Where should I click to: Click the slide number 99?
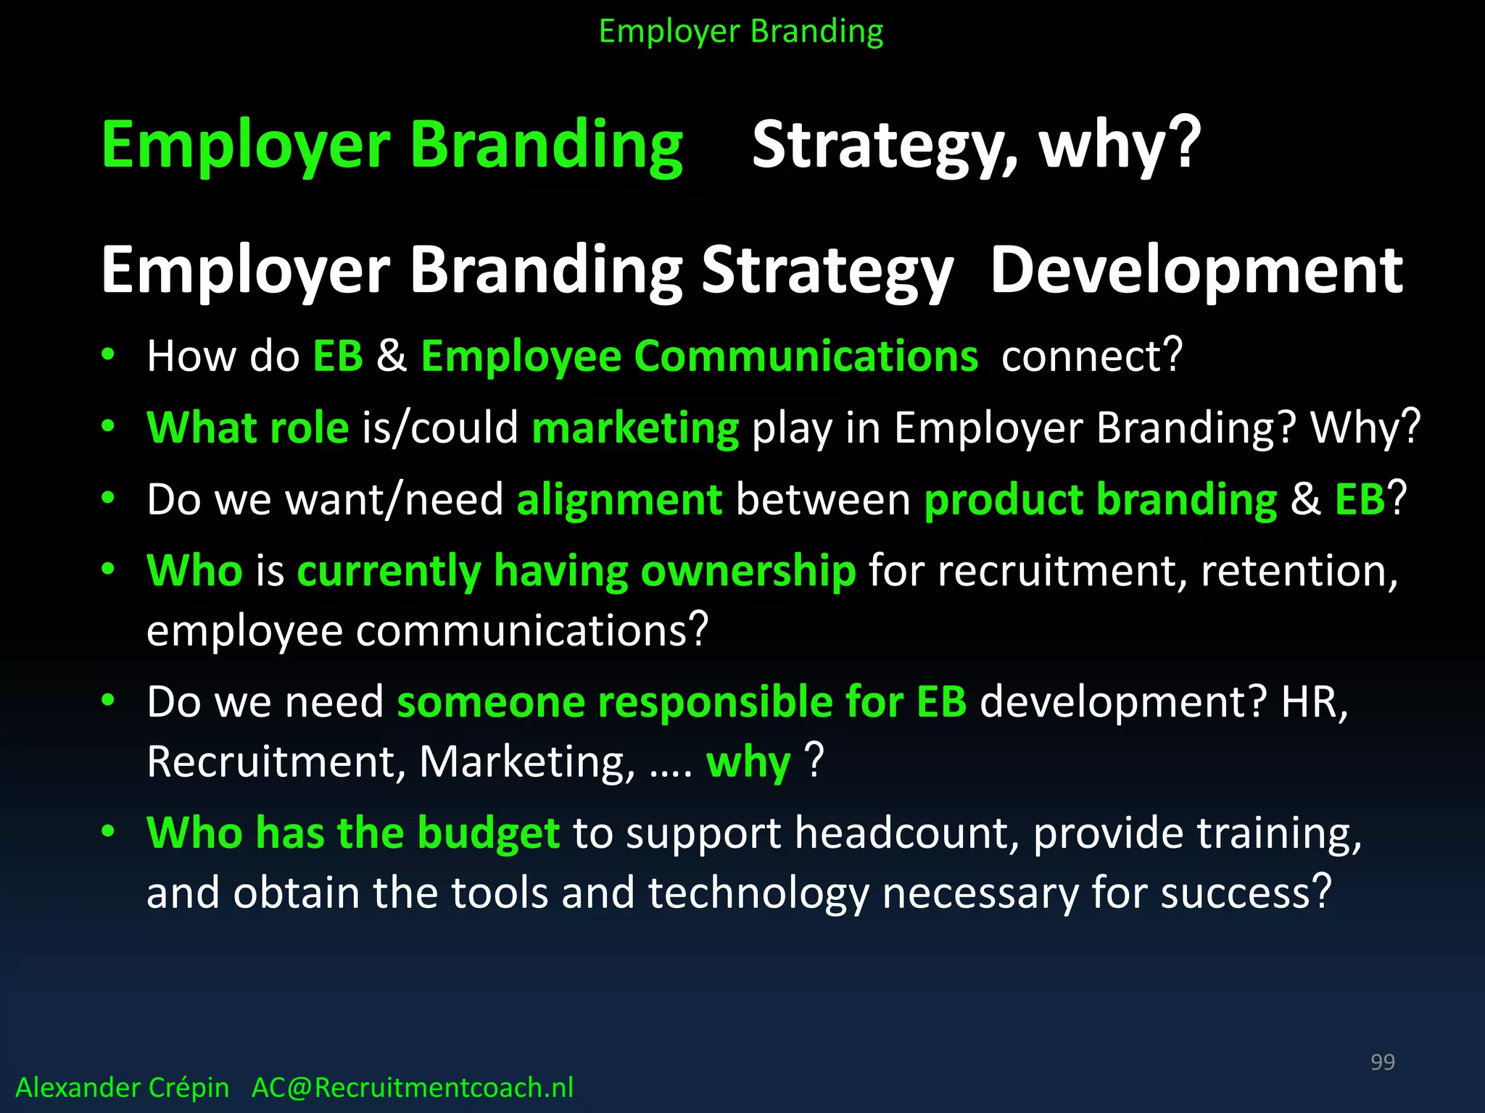[1382, 1062]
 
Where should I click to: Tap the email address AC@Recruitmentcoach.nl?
[412, 1088]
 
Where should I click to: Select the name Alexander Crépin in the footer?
[122, 1088]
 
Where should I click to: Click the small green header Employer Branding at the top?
[741, 32]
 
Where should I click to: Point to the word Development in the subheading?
[1196, 270]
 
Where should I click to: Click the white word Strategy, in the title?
[885, 145]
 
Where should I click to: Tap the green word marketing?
[635, 428]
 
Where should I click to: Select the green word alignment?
[619, 499]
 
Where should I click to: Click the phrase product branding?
[1100, 499]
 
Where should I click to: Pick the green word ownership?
[748, 571]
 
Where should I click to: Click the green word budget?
[488, 833]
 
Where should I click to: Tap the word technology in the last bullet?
[758, 893]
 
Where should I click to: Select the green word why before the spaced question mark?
[748, 762]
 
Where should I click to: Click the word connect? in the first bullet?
[1092, 356]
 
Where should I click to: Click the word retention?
[1299, 571]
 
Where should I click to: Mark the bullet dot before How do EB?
[108, 354]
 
